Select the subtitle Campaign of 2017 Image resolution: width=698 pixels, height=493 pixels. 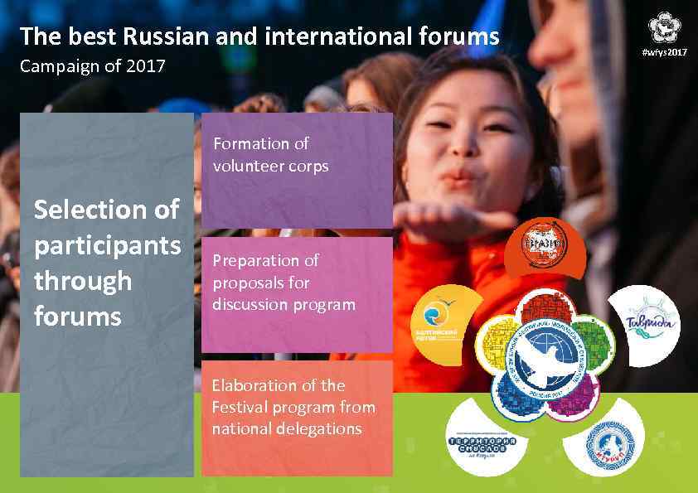tap(92, 65)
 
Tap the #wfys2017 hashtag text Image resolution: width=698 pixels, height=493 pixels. tap(665, 52)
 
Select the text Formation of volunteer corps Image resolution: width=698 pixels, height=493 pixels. tap(270, 155)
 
